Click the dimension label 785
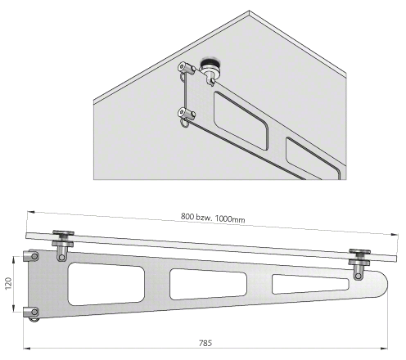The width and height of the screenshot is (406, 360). pyautogui.click(x=205, y=343)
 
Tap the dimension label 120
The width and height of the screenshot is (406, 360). pyautogui.click(x=9, y=283)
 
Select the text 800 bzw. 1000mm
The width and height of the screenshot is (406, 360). pyautogui.click(x=213, y=218)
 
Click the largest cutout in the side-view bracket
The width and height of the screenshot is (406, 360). pyautogui.click(x=106, y=284)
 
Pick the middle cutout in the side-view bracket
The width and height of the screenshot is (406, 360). pyautogui.click(x=208, y=284)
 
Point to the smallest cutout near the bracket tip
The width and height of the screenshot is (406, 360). pyautogui.click(x=309, y=284)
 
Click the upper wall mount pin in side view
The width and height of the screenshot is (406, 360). pyautogui.click(x=31, y=256)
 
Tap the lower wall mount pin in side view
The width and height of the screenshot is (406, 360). pyautogui.click(x=31, y=313)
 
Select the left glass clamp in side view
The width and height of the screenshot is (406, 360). pyautogui.click(x=63, y=245)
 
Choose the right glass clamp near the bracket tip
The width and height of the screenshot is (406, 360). pyautogui.click(x=359, y=263)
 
